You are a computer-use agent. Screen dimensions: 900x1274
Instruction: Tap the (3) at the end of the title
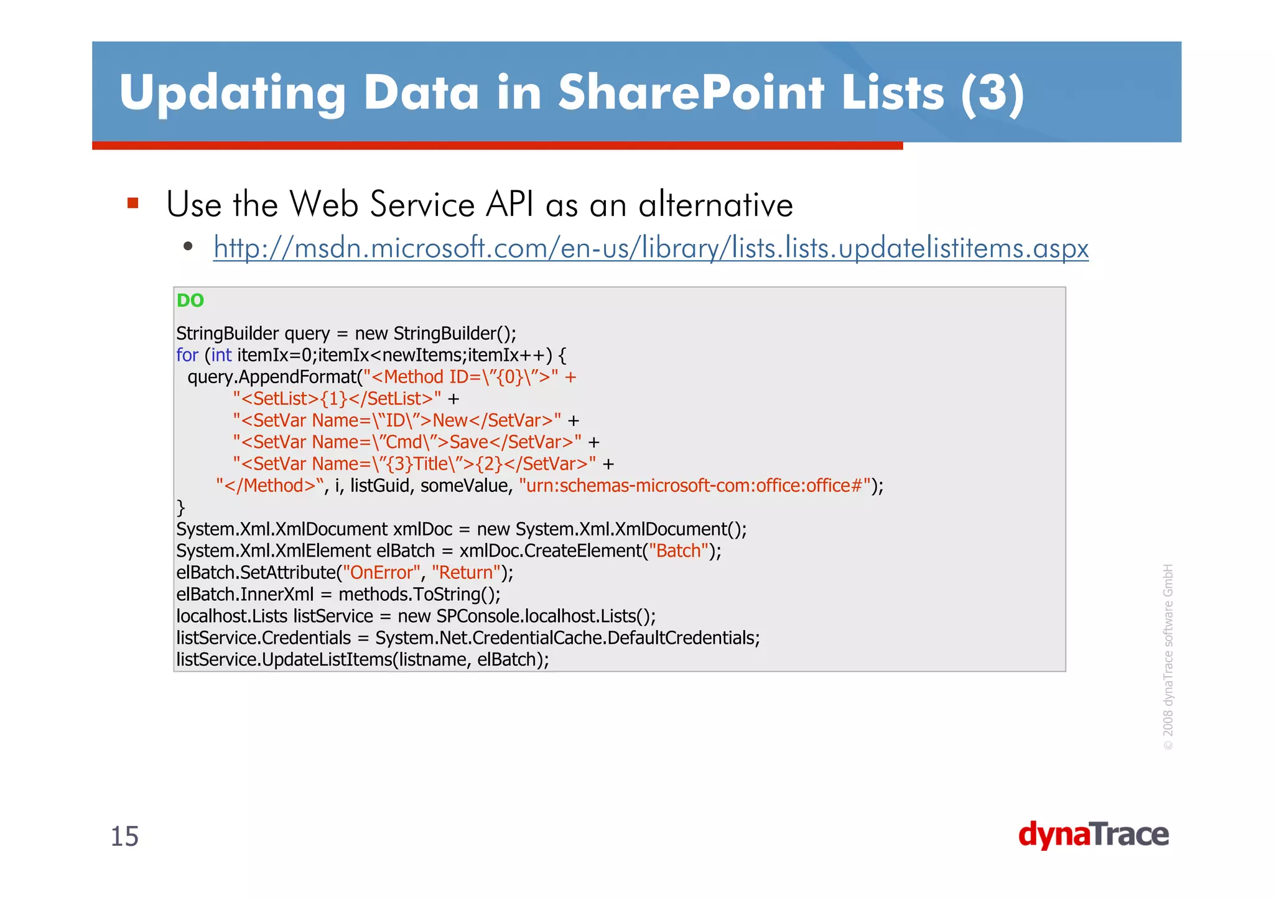(992, 93)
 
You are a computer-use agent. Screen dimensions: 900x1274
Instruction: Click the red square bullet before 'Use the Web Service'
(133, 203)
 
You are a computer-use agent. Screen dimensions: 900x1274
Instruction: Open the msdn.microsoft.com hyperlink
(651, 248)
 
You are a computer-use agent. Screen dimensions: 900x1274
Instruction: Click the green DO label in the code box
(190, 300)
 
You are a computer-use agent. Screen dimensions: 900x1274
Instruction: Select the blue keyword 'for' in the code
(187, 355)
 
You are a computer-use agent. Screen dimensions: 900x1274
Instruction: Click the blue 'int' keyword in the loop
(221, 355)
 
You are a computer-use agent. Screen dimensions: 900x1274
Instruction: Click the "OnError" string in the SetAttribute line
(381, 573)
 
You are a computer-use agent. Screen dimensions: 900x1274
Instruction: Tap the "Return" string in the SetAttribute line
(467, 573)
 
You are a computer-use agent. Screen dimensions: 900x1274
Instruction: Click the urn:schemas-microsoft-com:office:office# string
(694, 486)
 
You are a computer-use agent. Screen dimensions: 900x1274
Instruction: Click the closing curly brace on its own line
(181, 508)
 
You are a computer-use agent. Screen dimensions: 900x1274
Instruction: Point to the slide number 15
(124, 837)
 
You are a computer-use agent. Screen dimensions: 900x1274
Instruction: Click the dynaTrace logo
(1093, 835)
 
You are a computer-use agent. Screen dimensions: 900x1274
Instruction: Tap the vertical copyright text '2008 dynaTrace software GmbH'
(1168, 656)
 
